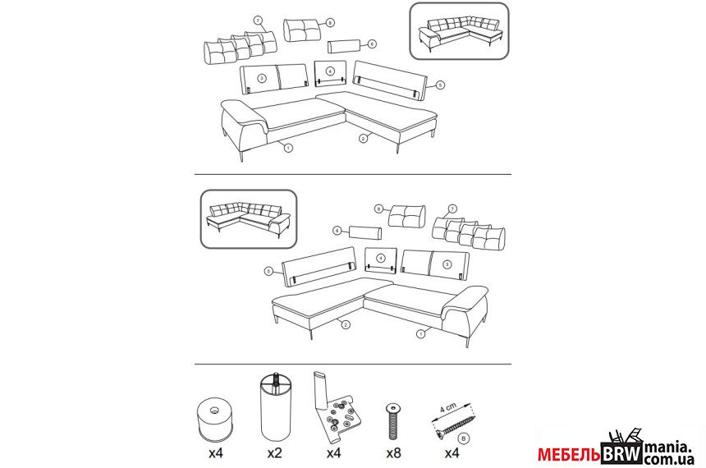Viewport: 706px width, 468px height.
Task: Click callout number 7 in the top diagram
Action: (x=258, y=21)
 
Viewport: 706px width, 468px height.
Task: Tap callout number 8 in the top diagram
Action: (x=331, y=22)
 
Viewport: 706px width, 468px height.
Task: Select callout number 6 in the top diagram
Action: (x=371, y=44)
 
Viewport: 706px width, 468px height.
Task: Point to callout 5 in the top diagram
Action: (x=440, y=85)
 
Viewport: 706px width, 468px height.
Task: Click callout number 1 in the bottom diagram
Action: (x=421, y=334)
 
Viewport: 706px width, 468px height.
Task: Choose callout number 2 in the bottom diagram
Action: (x=346, y=324)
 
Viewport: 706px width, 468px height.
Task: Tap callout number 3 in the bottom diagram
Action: (x=447, y=264)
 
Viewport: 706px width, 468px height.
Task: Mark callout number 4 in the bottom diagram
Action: (x=381, y=258)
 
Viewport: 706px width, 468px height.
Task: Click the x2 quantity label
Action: (x=274, y=452)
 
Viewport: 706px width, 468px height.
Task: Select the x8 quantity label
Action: (x=393, y=452)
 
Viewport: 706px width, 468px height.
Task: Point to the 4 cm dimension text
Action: (x=448, y=407)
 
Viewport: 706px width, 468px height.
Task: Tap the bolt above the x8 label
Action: (x=393, y=421)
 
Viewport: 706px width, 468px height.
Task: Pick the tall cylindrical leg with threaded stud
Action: (x=275, y=407)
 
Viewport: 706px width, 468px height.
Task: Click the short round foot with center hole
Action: (x=215, y=420)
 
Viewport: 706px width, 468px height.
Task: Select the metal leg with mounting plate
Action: (x=336, y=406)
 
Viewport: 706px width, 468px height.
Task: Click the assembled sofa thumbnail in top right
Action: (x=459, y=31)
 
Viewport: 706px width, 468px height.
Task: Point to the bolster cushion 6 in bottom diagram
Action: (x=365, y=233)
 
